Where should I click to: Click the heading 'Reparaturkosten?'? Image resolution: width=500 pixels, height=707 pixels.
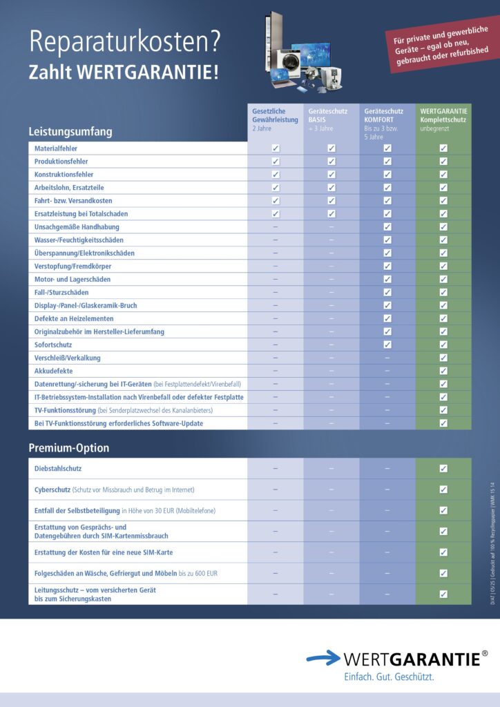tap(125, 43)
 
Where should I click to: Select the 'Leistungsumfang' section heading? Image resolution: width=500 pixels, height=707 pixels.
tap(70, 131)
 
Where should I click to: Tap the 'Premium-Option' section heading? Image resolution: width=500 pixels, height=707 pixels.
tap(68, 448)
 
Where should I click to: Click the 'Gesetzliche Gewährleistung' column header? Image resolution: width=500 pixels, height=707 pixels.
tap(274, 119)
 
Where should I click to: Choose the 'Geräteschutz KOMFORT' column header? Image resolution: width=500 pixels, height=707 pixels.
tap(385, 123)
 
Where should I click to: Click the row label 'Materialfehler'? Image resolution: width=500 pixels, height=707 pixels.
tap(56, 148)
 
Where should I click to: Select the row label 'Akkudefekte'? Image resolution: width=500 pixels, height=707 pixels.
tap(53, 371)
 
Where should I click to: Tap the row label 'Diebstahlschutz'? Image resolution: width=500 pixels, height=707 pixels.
tap(58, 468)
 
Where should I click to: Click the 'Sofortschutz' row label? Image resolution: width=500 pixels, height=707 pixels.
tap(53, 345)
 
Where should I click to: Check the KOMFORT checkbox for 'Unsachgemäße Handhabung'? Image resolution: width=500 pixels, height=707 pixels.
tap(387, 227)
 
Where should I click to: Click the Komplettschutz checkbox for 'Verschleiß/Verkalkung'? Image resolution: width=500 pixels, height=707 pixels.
tap(443, 358)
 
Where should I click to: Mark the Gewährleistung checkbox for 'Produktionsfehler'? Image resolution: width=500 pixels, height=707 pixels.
tap(276, 162)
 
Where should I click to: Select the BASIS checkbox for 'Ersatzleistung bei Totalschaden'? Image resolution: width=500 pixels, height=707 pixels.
tap(331, 214)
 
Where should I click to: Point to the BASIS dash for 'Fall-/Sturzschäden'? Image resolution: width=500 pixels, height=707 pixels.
tap(331, 293)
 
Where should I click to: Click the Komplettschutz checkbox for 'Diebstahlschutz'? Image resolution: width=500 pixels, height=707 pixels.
tap(443, 468)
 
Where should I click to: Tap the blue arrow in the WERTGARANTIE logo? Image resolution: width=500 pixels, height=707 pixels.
tap(323, 659)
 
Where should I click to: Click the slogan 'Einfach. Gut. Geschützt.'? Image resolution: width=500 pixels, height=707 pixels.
tap(389, 677)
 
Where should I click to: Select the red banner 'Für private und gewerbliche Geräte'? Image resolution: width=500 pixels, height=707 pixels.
tap(441, 47)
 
